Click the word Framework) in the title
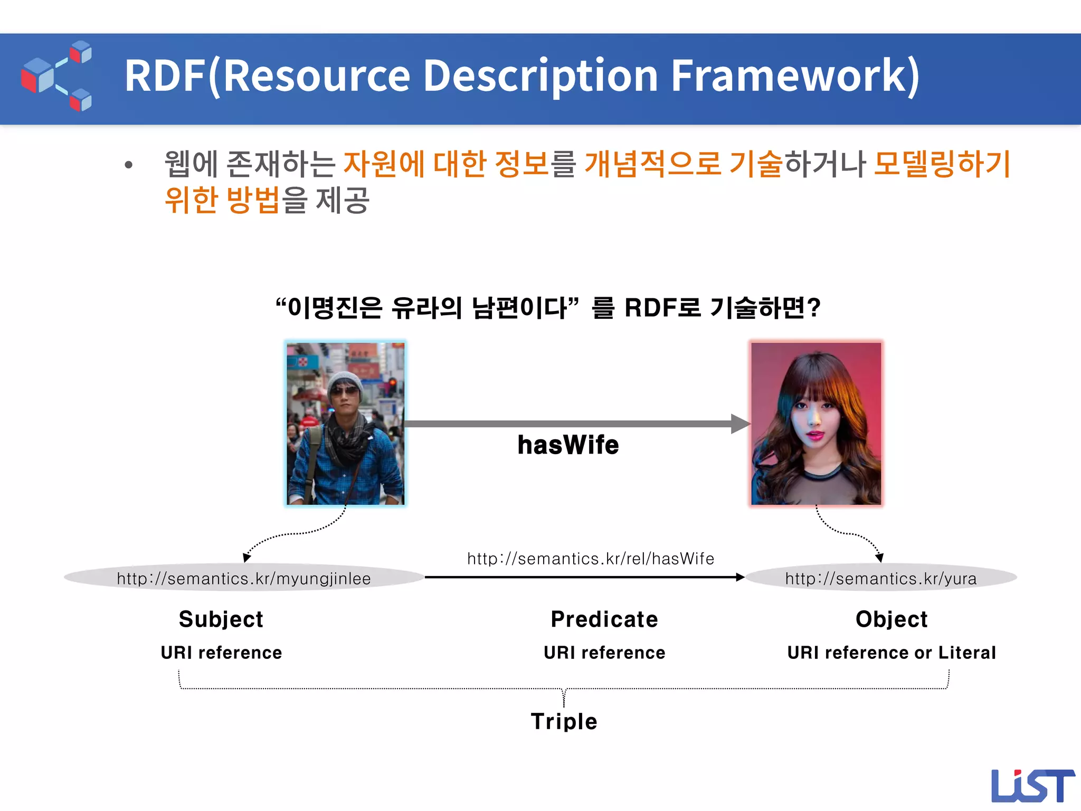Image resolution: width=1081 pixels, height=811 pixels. [x=795, y=76]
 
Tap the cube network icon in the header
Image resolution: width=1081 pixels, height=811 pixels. [x=56, y=76]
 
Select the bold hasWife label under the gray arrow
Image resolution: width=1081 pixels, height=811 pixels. [x=568, y=445]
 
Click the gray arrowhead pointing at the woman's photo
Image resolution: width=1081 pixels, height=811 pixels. [x=740, y=423]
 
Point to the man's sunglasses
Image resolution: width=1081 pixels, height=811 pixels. [x=345, y=391]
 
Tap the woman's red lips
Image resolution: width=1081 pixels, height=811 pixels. [x=816, y=436]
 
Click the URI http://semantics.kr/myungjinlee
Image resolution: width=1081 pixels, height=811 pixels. [x=244, y=579]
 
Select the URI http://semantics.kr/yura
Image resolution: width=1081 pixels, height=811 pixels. [x=880, y=579]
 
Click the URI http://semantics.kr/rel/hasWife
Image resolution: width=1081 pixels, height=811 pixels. [x=590, y=559]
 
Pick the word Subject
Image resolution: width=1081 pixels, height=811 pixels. [x=221, y=619]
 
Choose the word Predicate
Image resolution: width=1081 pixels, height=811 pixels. [x=604, y=619]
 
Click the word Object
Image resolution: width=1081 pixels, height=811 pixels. [x=891, y=619]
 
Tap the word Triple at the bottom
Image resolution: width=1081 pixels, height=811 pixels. [x=564, y=721]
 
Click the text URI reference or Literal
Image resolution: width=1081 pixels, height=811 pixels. [x=891, y=653]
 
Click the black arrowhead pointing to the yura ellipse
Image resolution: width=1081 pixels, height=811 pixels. [x=740, y=578]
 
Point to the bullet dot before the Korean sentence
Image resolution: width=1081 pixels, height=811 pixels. [x=128, y=165]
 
